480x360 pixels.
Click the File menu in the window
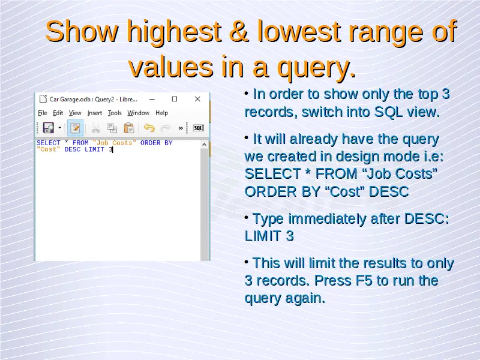(43, 113)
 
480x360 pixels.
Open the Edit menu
(58, 113)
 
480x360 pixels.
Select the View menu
(75, 113)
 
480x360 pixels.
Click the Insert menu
(95, 113)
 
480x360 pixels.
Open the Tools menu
(115, 113)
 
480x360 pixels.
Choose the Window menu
(139, 113)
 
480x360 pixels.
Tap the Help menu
(161, 113)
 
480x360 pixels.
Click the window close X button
(197, 99)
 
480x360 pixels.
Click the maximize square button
(175, 99)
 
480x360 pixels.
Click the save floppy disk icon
(49, 128)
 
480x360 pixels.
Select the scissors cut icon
(95, 128)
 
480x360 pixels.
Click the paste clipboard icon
(129, 128)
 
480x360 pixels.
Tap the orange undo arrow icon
(149, 128)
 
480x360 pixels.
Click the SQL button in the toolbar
(199, 128)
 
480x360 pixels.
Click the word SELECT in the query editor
(49, 143)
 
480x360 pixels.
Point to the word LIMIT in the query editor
(94, 149)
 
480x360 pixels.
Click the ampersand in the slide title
(239, 31)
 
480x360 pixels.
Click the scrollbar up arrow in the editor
(205, 145)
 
